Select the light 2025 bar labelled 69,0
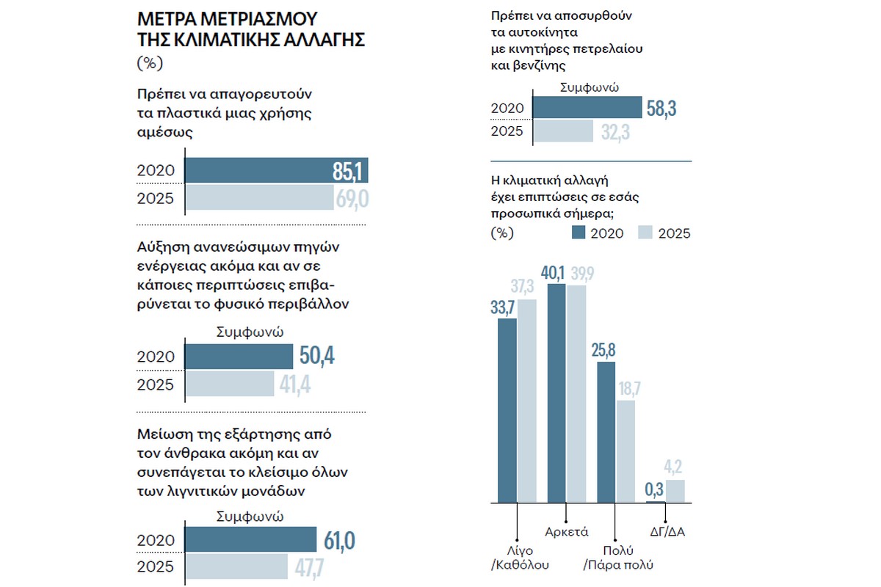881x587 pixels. point(258,199)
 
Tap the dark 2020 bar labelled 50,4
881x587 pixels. point(238,357)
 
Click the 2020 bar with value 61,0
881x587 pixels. point(250,541)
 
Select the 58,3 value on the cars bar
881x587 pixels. point(661,109)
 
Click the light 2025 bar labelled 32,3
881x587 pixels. point(562,131)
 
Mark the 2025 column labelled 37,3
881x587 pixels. point(527,401)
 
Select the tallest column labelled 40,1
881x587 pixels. point(556,393)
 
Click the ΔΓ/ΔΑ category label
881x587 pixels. point(667,531)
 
